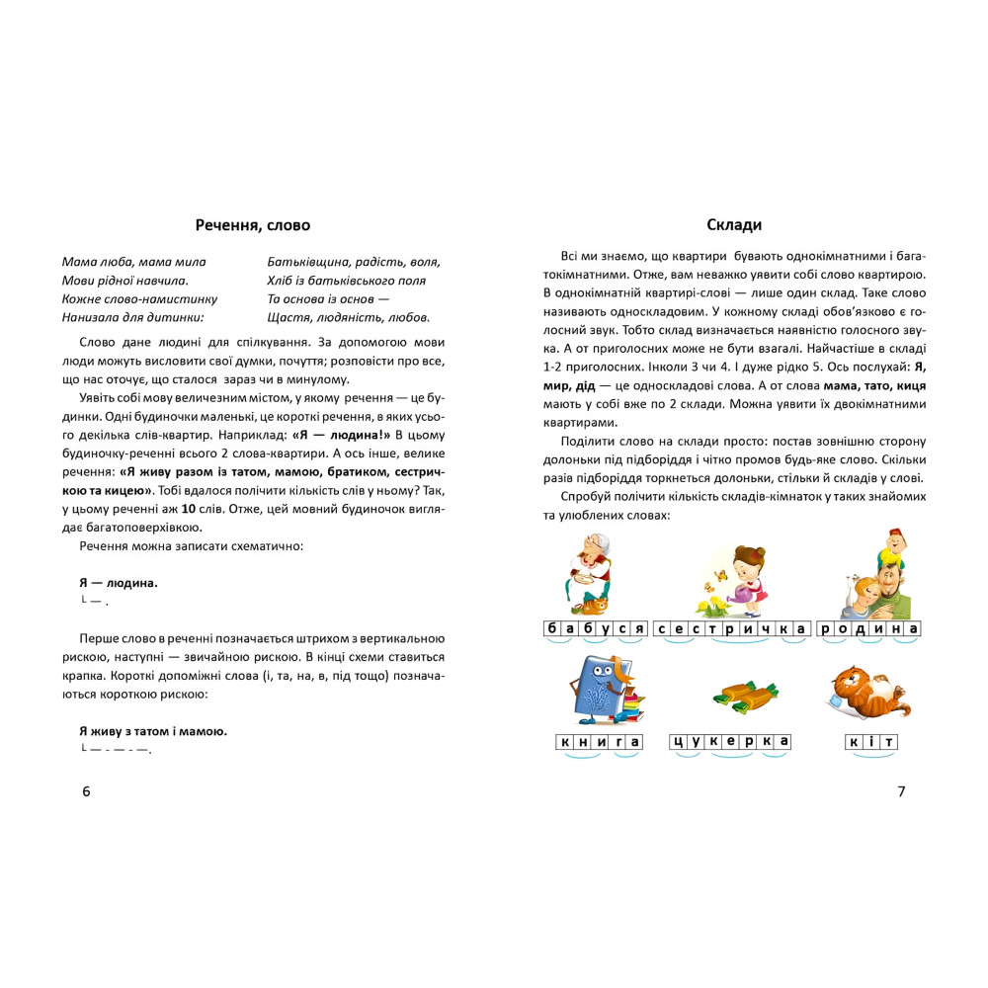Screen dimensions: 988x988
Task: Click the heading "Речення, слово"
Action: (x=253, y=225)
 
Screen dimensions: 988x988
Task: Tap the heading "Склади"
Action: (x=734, y=225)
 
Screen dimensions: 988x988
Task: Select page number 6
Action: (x=86, y=790)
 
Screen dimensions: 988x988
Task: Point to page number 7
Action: (x=900, y=790)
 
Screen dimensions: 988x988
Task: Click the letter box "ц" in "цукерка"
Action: (x=678, y=742)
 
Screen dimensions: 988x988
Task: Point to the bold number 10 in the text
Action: (x=189, y=509)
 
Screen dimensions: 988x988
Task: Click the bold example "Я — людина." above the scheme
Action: (x=118, y=583)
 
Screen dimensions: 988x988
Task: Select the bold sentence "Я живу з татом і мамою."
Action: (x=153, y=731)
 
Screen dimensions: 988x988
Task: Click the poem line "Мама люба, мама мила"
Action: (x=133, y=262)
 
